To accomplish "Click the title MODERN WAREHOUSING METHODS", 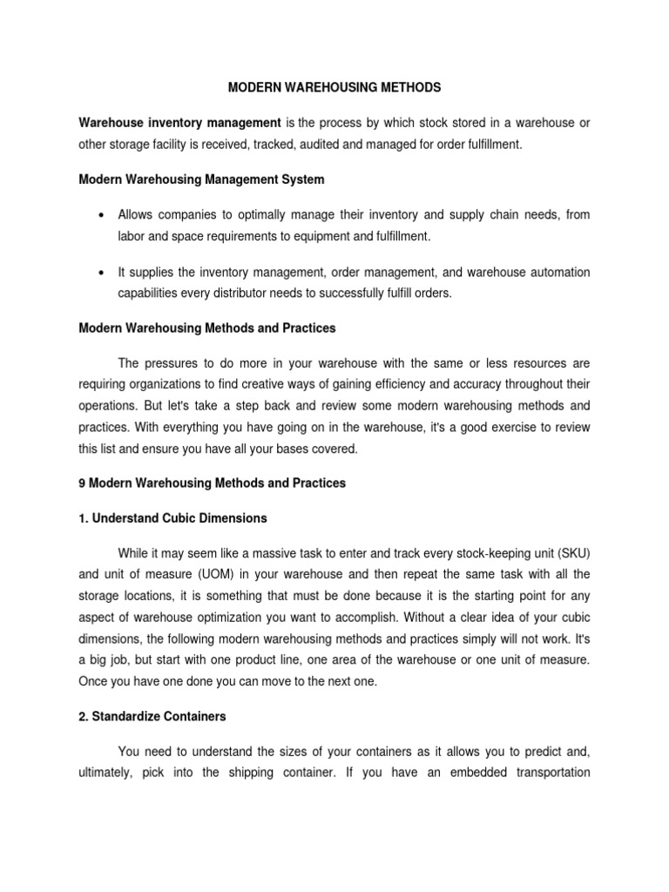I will (334, 88).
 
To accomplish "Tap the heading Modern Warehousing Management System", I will (201, 179).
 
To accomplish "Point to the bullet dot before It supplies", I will (104, 273).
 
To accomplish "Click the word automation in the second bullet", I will (558, 273).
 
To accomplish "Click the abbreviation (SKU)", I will (568, 554).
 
